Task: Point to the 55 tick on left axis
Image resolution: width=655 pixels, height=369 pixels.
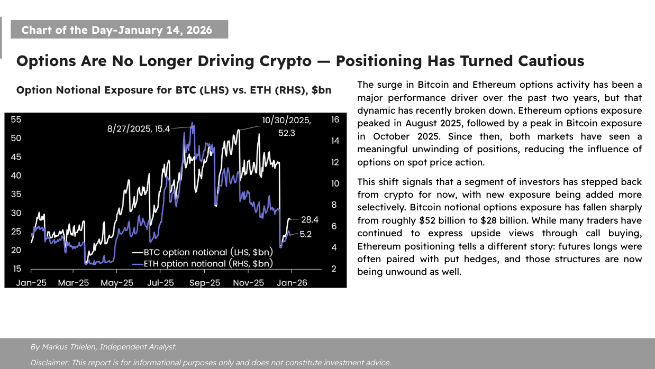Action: [16, 119]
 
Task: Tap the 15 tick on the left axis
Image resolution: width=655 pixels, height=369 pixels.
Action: [16, 269]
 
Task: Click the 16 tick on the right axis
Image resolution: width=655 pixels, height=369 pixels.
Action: [335, 119]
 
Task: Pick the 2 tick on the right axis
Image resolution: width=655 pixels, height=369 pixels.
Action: [333, 269]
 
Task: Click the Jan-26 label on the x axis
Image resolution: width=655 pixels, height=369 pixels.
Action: [292, 283]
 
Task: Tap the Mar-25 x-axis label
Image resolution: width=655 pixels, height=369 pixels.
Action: [74, 283]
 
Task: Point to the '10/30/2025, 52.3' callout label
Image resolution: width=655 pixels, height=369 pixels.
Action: [286, 127]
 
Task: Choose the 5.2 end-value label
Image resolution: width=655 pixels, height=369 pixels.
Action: [305, 234]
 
